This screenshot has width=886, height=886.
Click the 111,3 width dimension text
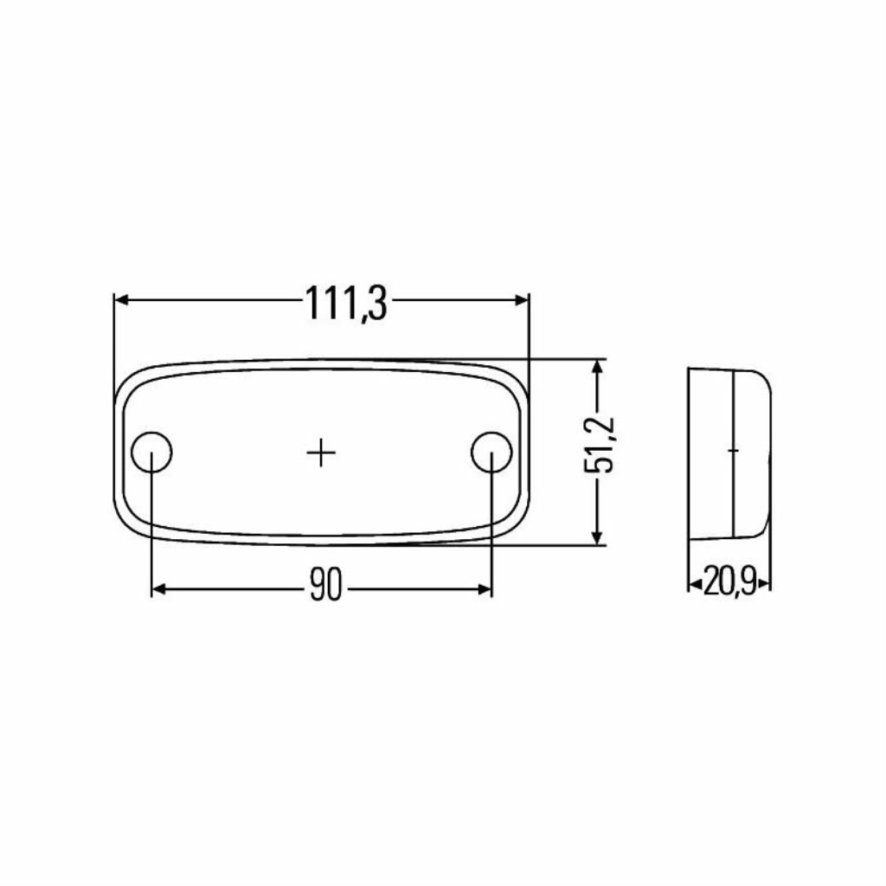347,303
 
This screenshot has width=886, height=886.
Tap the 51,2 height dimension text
599,445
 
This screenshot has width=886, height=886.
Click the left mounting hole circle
132,452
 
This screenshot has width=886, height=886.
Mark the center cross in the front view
322,453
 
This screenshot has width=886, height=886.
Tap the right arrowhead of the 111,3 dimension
522,300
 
